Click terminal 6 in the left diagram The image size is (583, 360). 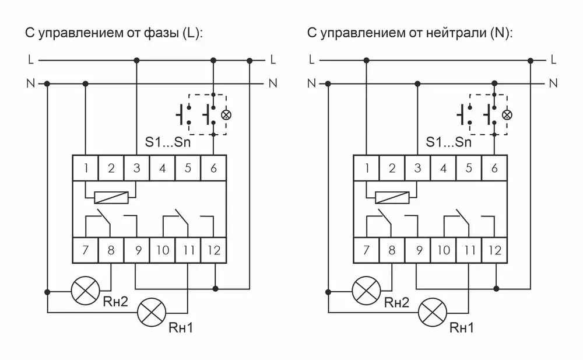pos(213,168)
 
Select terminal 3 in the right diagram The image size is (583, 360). pos(417,168)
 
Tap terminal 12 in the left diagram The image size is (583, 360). pos(213,250)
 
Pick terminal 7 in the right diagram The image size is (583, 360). pos(366,250)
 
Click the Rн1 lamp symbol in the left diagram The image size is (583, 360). pos(152,313)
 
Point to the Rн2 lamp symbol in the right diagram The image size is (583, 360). pos(366,291)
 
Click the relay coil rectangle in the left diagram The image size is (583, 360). pos(111,198)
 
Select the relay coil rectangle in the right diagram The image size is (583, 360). pos(392,198)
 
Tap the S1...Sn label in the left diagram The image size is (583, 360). pos(168,142)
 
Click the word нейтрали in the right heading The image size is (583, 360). pos(456,33)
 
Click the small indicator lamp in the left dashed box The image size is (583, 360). pos(226,115)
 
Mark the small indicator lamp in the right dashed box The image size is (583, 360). pos(507,115)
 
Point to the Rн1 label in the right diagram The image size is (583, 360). pos(461,327)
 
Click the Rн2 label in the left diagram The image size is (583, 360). pos(115,302)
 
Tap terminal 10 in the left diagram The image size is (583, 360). pos(163,250)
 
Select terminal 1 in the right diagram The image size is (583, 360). pos(366,168)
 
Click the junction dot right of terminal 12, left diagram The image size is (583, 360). pos(215,288)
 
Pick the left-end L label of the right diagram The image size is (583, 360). pos(311,60)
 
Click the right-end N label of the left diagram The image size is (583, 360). pos(273,83)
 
